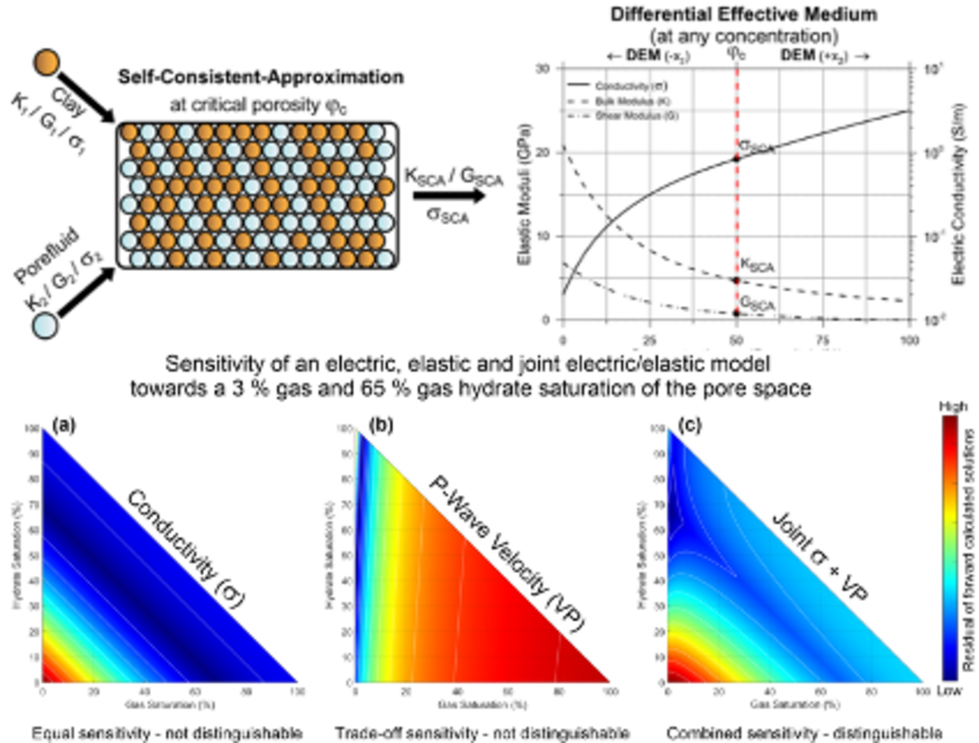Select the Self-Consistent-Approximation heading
[x=261, y=78]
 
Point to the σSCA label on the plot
[x=756, y=145]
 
